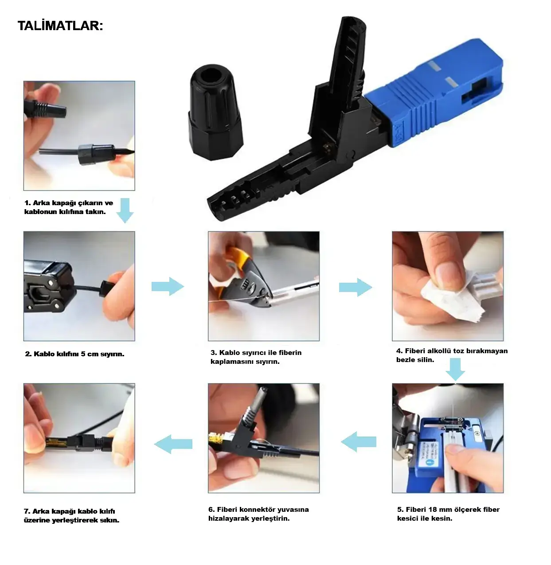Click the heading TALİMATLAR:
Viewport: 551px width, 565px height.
(x=60, y=26)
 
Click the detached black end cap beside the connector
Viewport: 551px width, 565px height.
(x=216, y=113)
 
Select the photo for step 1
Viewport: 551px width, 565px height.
(x=79, y=136)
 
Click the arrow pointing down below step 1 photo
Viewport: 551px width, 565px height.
(x=125, y=210)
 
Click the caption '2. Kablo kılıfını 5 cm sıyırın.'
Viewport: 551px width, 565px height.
(x=74, y=354)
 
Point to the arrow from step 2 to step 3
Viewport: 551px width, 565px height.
(x=168, y=286)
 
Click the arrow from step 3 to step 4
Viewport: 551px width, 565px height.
(x=356, y=287)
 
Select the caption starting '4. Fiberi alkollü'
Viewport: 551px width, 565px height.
(x=452, y=355)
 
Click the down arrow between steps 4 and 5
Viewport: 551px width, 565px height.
(x=455, y=369)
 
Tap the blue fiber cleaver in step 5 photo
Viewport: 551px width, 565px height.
(x=447, y=453)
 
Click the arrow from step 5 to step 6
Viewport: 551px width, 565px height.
(x=359, y=442)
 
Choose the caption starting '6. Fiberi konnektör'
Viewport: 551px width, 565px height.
(x=258, y=514)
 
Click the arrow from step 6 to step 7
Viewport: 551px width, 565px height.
(x=173, y=444)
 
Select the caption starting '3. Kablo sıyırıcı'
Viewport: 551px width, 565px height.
(x=256, y=357)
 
